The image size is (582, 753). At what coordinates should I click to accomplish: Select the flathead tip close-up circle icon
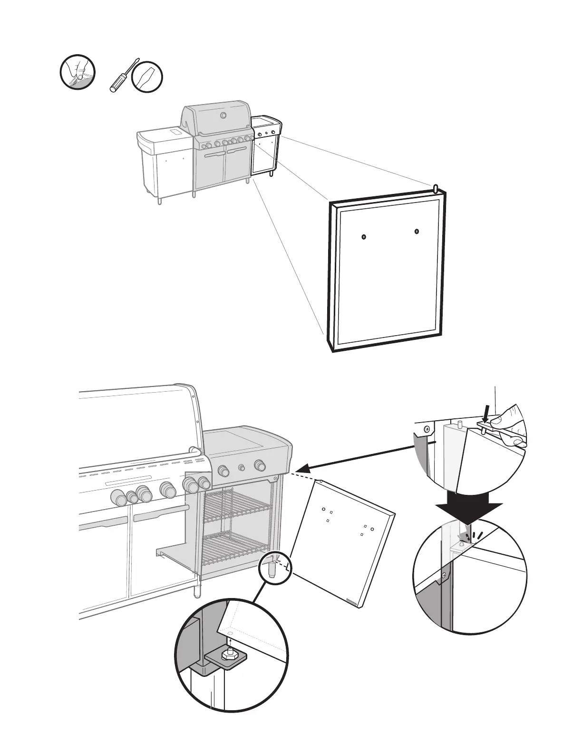pyautogui.click(x=147, y=76)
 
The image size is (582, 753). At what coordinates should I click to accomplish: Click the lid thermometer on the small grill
pyautogui.click(x=223, y=116)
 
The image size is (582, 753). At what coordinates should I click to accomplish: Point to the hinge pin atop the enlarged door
pyautogui.click(x=436, y=188)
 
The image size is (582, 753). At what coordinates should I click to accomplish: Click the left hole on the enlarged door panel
pyautogui.click(x=364, y=237)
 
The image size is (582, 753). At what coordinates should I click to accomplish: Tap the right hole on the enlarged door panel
pyautogui.click(x=417, y=232)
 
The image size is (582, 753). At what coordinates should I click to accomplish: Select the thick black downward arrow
pyautogui.click(x=469, y=508)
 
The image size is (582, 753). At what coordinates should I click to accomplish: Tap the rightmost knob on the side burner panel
pyautogui.click(x=260, y=464)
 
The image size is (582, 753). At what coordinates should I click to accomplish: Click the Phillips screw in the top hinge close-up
pyautogui.click(x=427, y=429)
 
